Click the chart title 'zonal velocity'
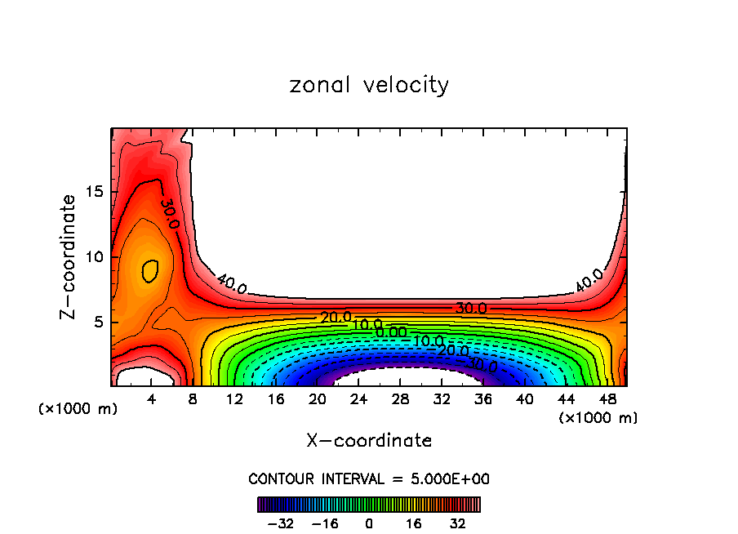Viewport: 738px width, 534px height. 369,85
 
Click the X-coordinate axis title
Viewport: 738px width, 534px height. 369,441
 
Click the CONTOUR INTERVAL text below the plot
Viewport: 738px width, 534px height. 369,478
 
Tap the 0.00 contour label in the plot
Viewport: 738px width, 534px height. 391,332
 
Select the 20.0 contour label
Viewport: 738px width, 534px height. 336,317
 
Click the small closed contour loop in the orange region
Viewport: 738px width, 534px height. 149,270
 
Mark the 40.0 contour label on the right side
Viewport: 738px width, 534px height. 589,280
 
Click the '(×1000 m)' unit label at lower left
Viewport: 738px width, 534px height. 78,409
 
